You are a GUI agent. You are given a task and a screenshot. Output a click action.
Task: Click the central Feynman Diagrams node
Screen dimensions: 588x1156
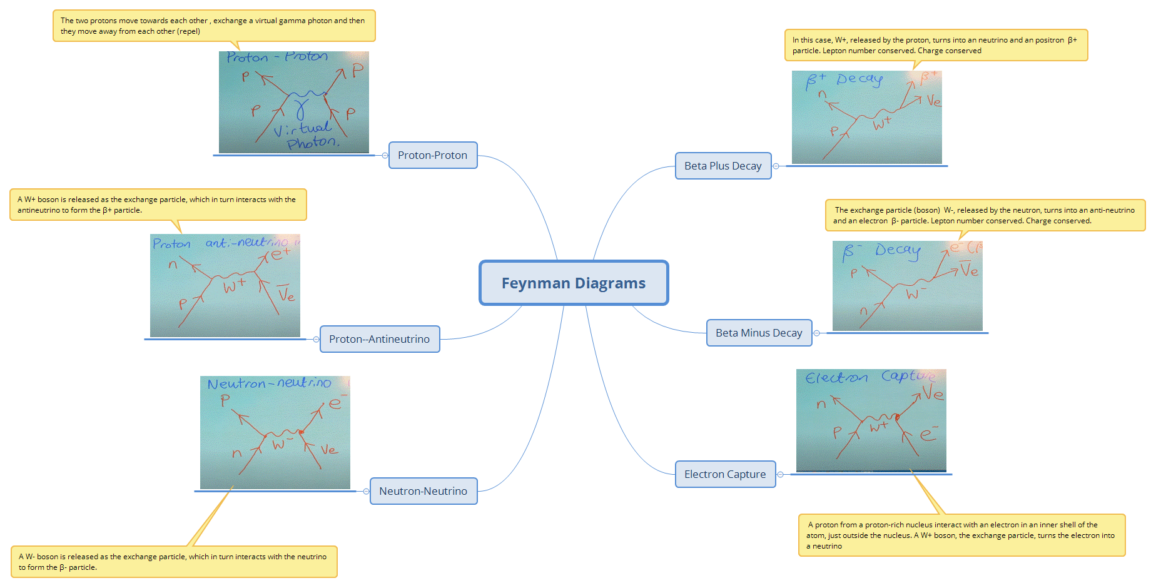coord(574,283)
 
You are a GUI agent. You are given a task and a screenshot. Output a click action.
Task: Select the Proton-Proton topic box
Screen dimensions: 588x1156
coord(432,155)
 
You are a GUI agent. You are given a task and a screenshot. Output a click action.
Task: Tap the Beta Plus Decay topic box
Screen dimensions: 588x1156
coord(722,166)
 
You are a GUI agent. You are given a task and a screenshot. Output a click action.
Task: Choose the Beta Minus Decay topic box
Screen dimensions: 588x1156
coord(759,333)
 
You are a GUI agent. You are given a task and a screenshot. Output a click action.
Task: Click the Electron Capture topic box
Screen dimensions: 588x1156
coord(725,474)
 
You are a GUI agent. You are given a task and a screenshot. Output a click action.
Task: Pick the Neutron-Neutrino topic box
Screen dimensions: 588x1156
coord(423,491)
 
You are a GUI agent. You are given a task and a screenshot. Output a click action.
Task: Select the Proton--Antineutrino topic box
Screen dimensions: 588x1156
coord(379,339)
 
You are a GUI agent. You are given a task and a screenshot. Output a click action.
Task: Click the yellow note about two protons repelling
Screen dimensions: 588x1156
coord(213,26)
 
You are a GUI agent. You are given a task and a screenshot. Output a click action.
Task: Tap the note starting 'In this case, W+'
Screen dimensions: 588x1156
coord(935,45)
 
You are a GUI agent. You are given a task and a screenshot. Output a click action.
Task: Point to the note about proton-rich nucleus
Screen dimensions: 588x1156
coord(961,535)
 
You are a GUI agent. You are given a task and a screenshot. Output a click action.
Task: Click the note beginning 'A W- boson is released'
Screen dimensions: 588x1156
coord(173,562)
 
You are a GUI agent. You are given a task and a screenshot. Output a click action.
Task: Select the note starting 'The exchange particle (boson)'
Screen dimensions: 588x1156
coord(984,215)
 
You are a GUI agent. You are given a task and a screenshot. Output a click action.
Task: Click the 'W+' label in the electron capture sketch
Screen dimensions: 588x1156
coord(878,427)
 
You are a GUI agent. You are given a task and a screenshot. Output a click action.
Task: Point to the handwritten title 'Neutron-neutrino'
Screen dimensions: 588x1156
coord(269,383)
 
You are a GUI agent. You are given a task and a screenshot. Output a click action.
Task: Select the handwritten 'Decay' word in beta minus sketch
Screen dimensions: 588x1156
coord(898,250)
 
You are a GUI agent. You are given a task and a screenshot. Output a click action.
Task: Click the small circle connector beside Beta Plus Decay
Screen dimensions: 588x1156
coord(776,166)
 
